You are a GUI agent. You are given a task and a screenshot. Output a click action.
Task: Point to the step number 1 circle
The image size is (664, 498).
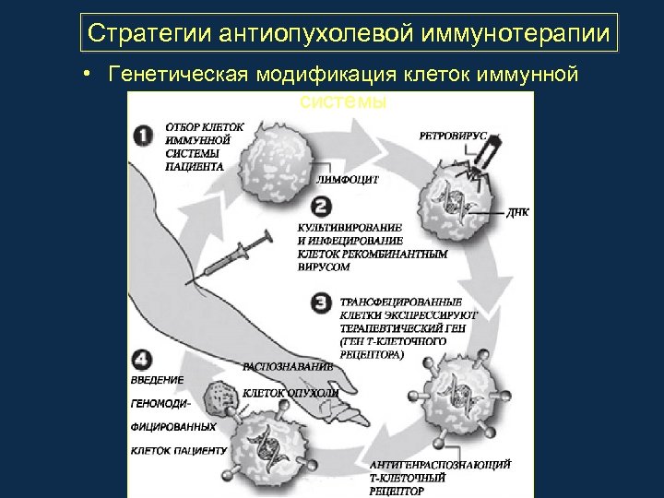coord(144,135)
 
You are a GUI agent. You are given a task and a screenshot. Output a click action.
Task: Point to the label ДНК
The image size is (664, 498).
coord(517,211)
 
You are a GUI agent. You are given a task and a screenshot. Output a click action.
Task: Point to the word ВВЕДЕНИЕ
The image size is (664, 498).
coord(157,379)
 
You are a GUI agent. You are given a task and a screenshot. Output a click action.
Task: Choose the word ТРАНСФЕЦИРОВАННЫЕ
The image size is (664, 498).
coord(401,302)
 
